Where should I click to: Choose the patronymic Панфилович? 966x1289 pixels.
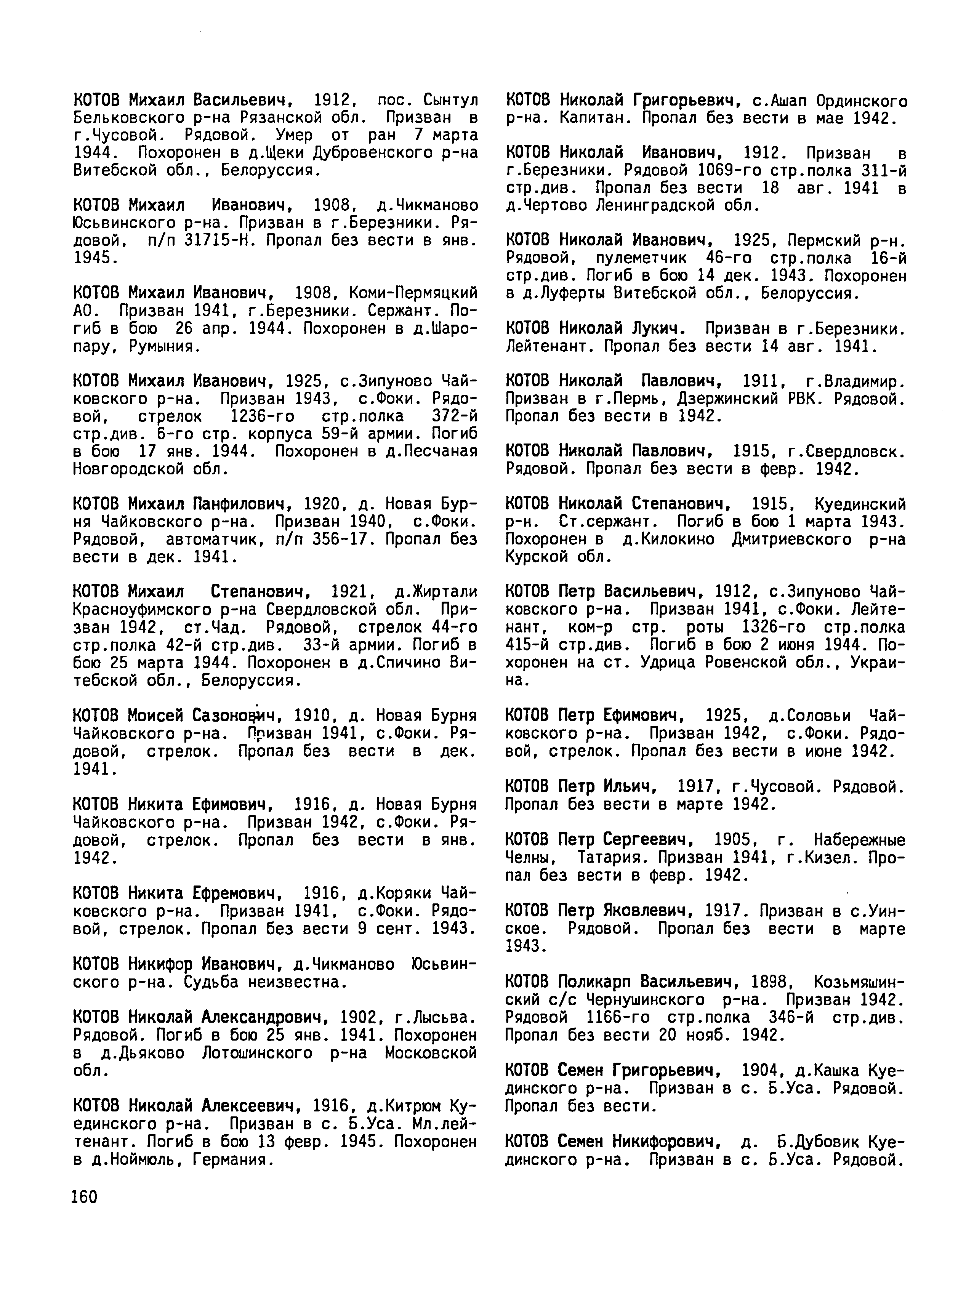242,503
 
